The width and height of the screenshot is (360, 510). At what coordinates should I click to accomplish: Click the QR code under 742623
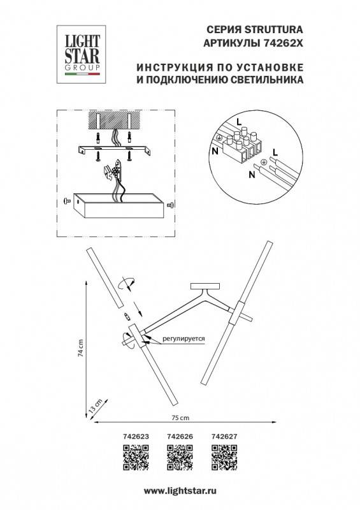point(134,456)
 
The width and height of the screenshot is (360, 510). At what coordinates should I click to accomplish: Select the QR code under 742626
point(179,456)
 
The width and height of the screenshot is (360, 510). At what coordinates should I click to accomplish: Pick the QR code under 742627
point(224,456)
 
